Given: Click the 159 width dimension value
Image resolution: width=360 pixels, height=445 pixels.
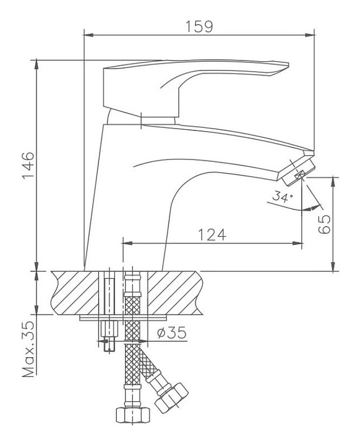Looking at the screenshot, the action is click(199, 27).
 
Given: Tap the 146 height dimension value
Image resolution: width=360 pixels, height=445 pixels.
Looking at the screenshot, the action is click(28, 166).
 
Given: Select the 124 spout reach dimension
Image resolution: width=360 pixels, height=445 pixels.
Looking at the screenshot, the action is click(212, 235).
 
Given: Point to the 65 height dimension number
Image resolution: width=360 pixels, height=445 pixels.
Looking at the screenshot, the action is click(324, 224).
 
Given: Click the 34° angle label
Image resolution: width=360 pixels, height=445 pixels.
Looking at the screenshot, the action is click(283, 196).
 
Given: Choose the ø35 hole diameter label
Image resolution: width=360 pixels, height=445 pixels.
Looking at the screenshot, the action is click(171, 333).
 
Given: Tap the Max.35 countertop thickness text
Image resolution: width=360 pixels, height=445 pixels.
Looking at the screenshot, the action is click(28, 349).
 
